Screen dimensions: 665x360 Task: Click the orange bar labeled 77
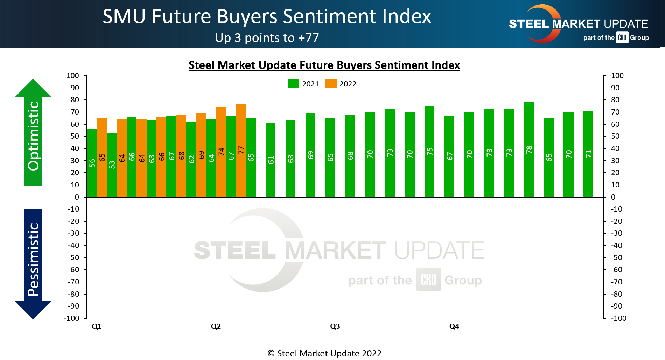click(x=241, y=150)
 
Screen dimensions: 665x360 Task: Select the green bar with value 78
click(x=529, y=150)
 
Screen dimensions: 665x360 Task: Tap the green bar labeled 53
click(x=112, y=165)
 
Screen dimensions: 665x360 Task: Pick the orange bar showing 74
click(x=221, y=152)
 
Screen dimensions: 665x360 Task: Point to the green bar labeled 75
click(x=429, y=151)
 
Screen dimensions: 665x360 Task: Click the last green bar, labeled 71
click(x=588, y=154)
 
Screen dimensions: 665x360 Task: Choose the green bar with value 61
click(x=271, y=160)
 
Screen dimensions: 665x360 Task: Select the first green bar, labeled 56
click(x=92, y=163)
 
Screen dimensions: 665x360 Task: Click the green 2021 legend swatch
click(x=293, y=84)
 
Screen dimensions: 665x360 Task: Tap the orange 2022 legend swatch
click(x=331, y=84)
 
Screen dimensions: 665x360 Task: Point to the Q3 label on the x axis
click(x=335, y=326)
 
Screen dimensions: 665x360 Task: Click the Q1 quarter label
click(x=97, y=326)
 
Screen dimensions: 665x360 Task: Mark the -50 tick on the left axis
click(x=73, y=258)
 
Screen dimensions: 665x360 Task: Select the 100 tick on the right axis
click(x=617, y=76)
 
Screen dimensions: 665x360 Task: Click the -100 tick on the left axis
click(x=71, y=318)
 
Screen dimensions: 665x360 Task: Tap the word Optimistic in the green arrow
click(x=34, y=136)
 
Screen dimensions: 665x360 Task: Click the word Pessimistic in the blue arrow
click(x=34, y=259)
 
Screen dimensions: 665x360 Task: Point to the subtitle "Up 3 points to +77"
click(x=267, y=38)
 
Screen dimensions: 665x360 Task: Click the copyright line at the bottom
click(x=324, y=353)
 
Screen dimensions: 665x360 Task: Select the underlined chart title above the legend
click(x=324, y=65)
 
